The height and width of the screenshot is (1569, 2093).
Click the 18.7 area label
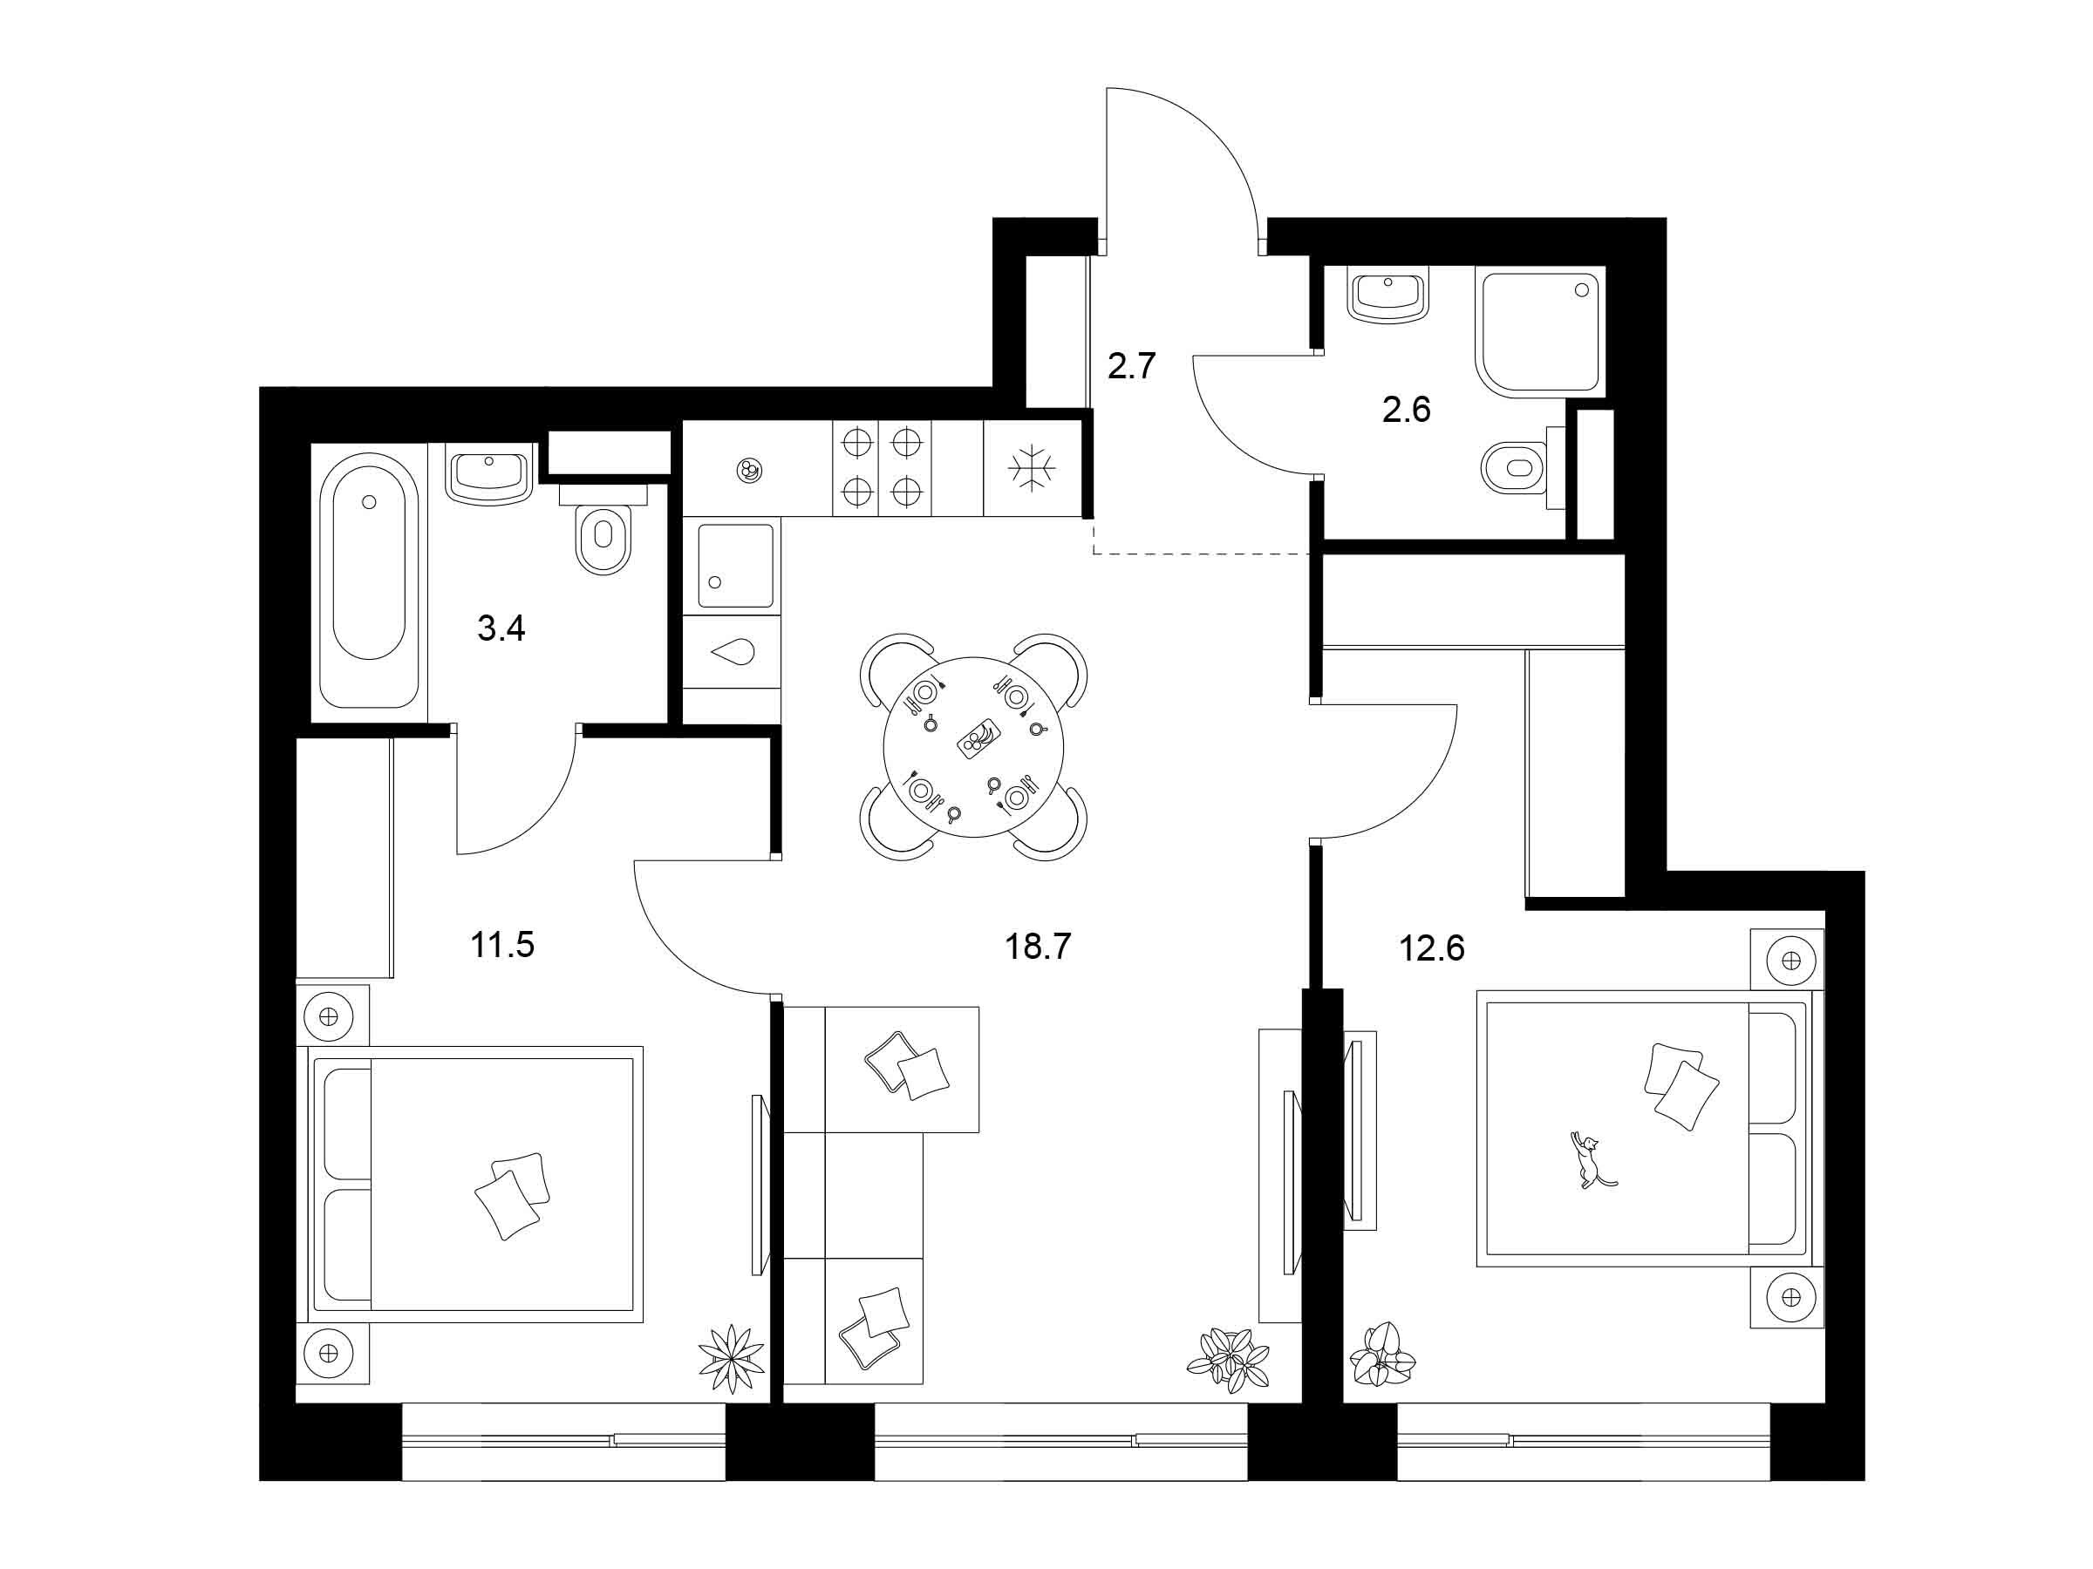pyautogui.click(x=1037, y=945)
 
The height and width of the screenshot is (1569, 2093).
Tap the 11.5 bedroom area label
pyautogui.click(x=502, y=944)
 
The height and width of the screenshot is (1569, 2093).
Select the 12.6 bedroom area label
pyautogui.click(x=1432, y=947)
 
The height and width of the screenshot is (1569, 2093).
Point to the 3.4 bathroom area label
pyautogui.click(x=501, y=627)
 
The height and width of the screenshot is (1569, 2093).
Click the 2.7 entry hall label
pyautogui.click(x=1132, y=365)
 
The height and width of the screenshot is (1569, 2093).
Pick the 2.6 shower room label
pyautogui.click(x=1406, y=410)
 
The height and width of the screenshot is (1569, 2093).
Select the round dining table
pyautogui.click(x=973, y=746)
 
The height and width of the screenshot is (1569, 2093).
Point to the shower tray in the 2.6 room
pyautogui.click(x=1539, y=336)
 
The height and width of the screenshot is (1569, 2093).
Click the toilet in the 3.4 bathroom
pyautogui.click(x=603, y=530)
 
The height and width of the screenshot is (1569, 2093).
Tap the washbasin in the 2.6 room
pyautogui.click(x=1389, y=296)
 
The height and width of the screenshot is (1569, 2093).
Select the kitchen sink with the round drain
pyautogui.click(x=736, y=566)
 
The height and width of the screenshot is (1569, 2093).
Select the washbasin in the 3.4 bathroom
pyautogui.click(x=489, y=476)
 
